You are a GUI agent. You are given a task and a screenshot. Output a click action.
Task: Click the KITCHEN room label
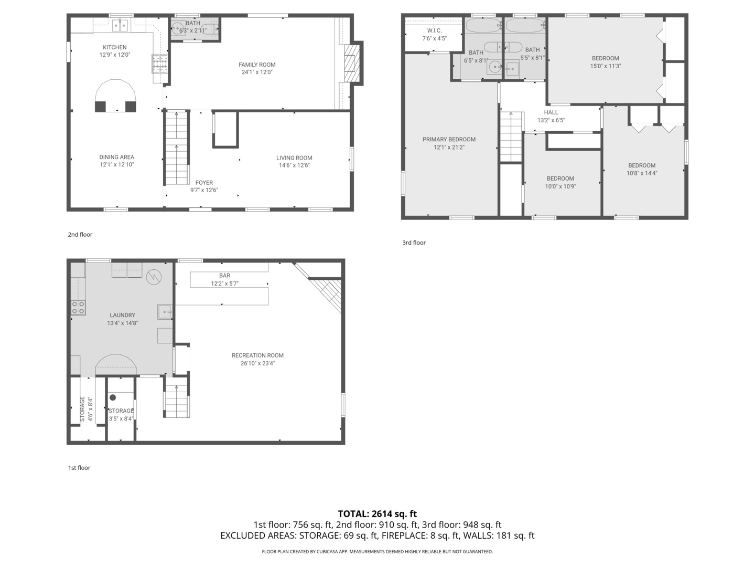click(x=114, y=47)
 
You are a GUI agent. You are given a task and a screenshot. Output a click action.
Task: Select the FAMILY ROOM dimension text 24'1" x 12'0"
click(x=257, y=72)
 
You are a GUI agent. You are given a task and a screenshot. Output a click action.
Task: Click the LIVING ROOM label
click(x=294, y=157)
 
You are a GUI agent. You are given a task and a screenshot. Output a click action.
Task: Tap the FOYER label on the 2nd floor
click(x=204, y=183)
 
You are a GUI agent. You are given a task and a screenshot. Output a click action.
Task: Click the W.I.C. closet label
click(x=434, y=31)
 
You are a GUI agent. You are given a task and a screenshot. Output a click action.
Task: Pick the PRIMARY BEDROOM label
click(x=449, y=140)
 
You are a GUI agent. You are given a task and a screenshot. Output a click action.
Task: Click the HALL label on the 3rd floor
click(x=551, y=112)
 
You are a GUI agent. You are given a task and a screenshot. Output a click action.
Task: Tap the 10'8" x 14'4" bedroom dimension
click(x=642, y=173)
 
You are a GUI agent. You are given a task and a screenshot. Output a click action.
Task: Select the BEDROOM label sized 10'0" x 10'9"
click(x=560, y=178)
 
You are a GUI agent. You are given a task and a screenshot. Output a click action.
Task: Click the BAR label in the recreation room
click(x=224, y=276)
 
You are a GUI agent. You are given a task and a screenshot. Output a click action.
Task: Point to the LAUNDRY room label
click(x=122, y=316)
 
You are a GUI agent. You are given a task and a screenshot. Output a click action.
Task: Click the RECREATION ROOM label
click(x=257, y=355)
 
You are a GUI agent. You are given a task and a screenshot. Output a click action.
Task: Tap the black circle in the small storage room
click(x=113, y=397)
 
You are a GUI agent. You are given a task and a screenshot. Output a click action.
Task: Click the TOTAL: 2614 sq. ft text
click(x=377, y=514)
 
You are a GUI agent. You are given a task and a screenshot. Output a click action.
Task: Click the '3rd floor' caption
click(x=414, y=243)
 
